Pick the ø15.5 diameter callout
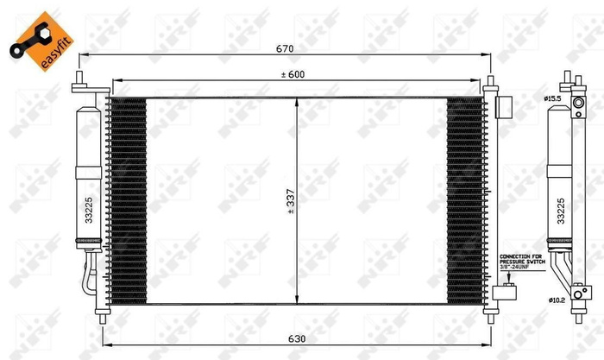coord(553,99)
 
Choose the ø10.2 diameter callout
coord(555,300)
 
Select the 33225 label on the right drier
coord(561,210)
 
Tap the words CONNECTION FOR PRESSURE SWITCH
coord(521,260)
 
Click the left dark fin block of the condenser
coord(127,199)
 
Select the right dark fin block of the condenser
coord(465,199)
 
